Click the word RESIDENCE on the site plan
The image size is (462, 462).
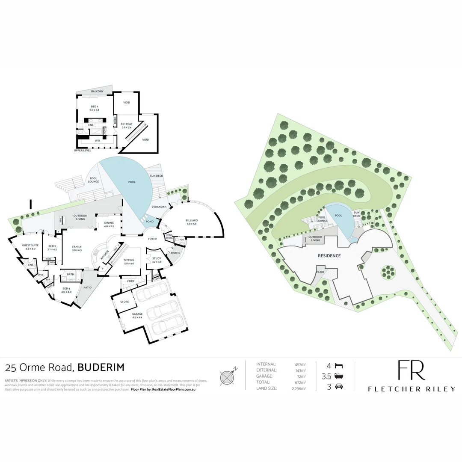click(329, 256)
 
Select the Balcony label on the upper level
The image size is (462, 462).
click(97, 92)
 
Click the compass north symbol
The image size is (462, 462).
click(227, 377)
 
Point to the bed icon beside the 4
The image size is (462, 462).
click(338, 366)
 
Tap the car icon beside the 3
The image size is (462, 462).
click(338, 387)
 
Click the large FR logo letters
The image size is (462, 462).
click(411, 370)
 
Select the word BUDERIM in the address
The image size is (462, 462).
click(101, 367)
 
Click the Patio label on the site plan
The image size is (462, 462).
click(320, 272)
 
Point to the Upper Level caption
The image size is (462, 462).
click(83, 151)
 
